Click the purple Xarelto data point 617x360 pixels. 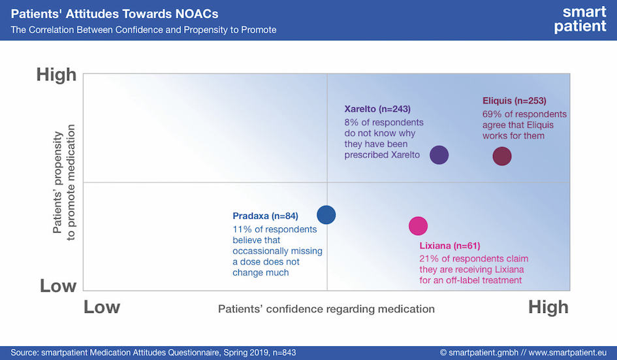coord(439,155)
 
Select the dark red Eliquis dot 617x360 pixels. coord(502,156)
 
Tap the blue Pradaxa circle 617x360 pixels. coord(326,215)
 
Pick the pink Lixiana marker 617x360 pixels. coord(418,225)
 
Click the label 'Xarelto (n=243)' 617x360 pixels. coord(377,108)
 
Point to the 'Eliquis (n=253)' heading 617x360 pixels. coord(514,101)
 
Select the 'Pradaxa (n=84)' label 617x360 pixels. coord(265,216)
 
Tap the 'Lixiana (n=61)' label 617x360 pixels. coord(450,246)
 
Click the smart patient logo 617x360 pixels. coord(580,19)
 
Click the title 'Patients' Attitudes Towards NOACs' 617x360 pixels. coord(114,14)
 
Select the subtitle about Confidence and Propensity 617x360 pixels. coord(144,30)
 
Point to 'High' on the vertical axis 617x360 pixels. coord(56,74)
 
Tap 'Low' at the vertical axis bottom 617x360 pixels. coord(58,286)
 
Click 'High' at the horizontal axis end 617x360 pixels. coord(548,307)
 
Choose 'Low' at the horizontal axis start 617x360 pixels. coord(101,307)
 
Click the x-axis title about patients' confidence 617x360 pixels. coord(326,309)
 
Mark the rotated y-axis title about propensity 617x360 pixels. coord(63,182)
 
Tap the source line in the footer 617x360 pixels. coord(153,353)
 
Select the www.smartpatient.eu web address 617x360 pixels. coord(567,353)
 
